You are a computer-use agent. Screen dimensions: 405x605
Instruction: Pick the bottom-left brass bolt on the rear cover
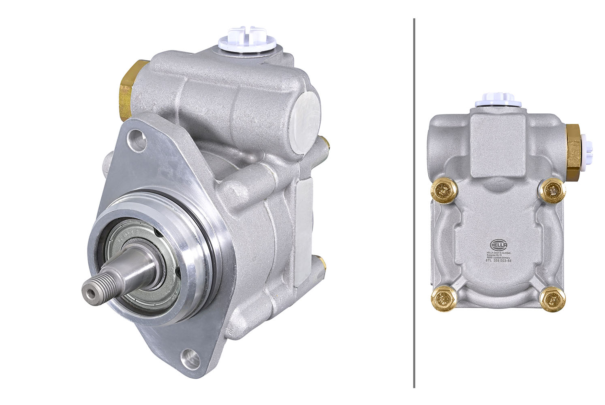coord(444,299)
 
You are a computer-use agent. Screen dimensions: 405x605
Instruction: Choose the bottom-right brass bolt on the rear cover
coord(552,299)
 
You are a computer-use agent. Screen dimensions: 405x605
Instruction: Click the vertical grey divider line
coord(414,202)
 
